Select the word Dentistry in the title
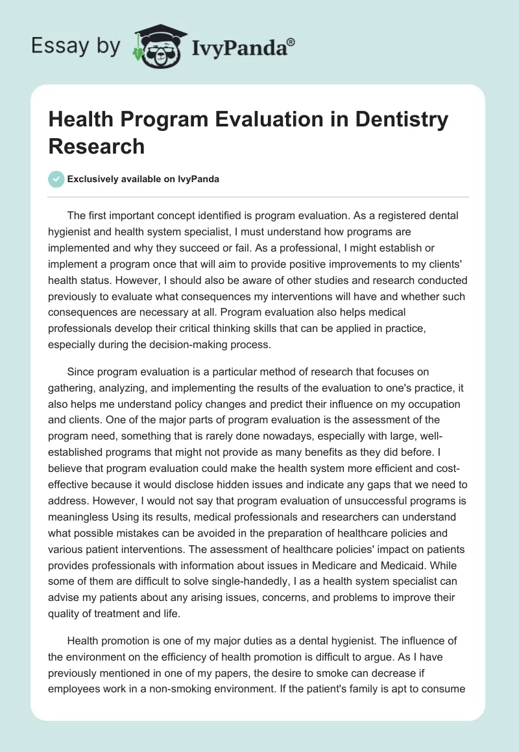(x=396, y=120)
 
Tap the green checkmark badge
(x=56, y=179)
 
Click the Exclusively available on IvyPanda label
(x=143, y=180)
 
